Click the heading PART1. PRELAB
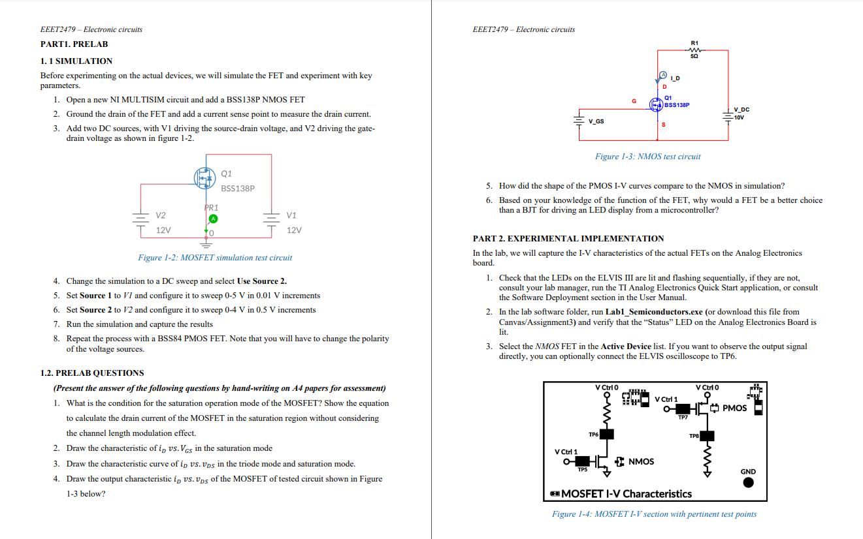pyautogui.click(x=74, y=44)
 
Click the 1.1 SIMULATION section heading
pyautogui.click(x=76, y=61)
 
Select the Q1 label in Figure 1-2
pyautogui.click(x=227, y=174)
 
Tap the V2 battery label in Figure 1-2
pyautogui.click(x=161, y=215)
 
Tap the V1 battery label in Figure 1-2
pyautogui.click(x=291, y=215)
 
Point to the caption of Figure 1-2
pyautogui.click(x=215, y=258)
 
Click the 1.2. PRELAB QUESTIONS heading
pyautogui.click(x=92, y=373)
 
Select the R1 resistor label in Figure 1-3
pyautogui.click(x=694, y=43)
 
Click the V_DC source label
pyautogui.click(x=741, y=110)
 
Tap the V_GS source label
pyautogui.click(x=596, y=121)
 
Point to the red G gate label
pyautogui.click(x=633, y=101)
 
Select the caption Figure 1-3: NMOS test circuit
pyautogui.click(x=647, y=157)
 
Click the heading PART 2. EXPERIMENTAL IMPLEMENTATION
pyautogui.click(x=568, y=238)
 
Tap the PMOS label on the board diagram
pyautogui.click(x=734, y=408)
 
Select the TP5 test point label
pyautogui.click(x=581, y=469)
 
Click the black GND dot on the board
pyautogui.click(x=748, y=483)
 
